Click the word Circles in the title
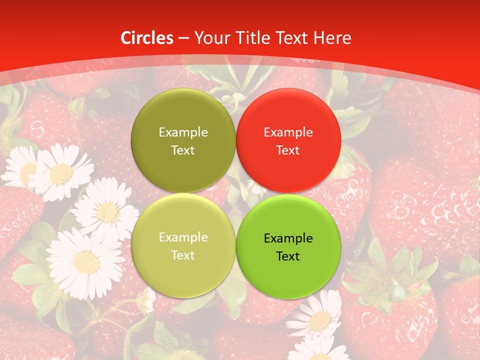(147, 38)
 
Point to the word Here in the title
(332, 38)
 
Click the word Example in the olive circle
(183, 132)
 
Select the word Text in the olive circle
(183, 150)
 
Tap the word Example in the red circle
(288, 132)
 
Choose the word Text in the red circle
(288, 150)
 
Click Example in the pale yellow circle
(183, 237)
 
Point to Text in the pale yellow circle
(183, 255)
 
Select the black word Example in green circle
(288, 238)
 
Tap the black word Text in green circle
(288, 256)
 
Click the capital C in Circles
(126, 38)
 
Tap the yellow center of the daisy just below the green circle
(320, 320)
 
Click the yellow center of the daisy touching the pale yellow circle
(107, 212)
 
